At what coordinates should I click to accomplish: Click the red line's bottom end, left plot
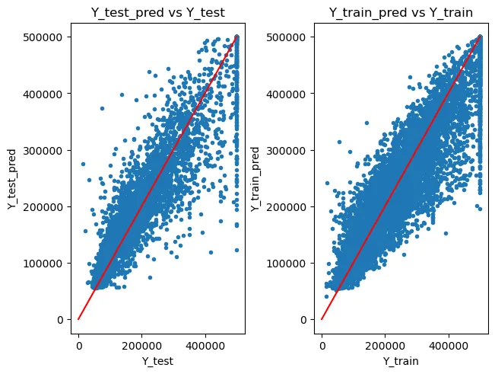pyautogui.click(x=78, y=319)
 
